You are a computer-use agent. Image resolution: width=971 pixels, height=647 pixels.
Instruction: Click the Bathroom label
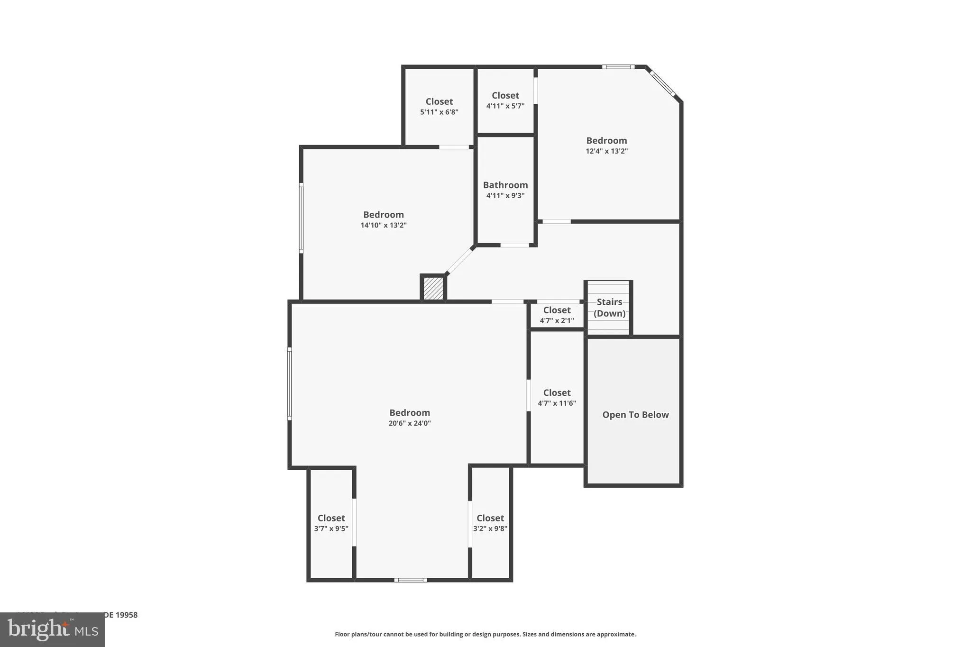[505, 185]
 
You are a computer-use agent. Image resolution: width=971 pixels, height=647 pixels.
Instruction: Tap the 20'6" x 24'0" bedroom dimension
[409, 423]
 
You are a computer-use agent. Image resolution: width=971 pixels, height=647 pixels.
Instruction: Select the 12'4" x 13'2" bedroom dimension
[606, 151]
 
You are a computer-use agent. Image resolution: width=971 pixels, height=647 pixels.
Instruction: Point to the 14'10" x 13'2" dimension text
[383, 225]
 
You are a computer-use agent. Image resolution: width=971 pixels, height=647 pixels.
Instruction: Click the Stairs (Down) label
[609, 308]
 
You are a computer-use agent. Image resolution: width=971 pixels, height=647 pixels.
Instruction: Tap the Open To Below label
[635, 415]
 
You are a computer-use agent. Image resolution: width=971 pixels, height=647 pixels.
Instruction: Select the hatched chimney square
[433, 288]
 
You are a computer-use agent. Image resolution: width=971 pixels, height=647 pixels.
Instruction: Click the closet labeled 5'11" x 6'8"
[439, 106]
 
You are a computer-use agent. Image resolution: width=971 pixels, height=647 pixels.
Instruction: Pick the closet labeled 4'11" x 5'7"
[505, 100]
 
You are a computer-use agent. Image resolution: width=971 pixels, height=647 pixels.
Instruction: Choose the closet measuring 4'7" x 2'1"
[557, 315]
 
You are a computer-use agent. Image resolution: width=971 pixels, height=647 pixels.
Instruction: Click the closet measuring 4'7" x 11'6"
[557, 397]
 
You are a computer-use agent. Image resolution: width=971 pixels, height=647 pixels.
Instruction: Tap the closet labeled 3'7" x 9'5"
[331, 523]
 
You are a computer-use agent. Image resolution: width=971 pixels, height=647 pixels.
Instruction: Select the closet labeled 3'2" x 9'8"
[490, 523]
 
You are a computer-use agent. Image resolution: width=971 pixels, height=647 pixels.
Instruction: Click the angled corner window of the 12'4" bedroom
[662, 83]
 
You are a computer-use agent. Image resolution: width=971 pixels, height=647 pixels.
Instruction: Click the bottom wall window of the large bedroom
[411, 580]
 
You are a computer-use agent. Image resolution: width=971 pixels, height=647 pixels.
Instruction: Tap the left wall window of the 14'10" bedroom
[301, 218]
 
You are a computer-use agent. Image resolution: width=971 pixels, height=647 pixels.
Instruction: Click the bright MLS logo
[53, 629]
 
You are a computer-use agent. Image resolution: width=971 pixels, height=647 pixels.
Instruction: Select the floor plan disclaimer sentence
[485, 634]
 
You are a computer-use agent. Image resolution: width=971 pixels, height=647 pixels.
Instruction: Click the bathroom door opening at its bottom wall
[514, 245]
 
